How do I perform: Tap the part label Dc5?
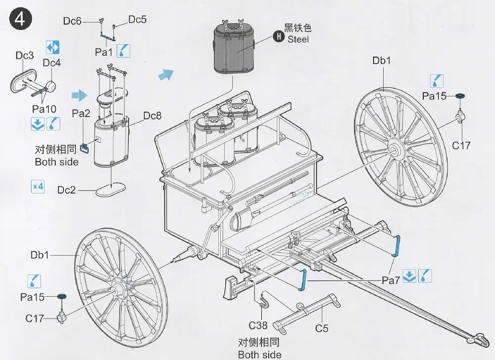(138, 19)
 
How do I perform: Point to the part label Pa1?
(104, 51)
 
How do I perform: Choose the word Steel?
(298, 39)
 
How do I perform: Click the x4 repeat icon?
(38, 187)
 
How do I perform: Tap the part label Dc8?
(152, 116)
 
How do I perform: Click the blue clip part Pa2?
(85, 147)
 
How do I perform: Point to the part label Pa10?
(44, 108)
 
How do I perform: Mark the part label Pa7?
(391, 280)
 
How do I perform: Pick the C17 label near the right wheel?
(461, 145)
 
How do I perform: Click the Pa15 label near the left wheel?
(33, 297)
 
